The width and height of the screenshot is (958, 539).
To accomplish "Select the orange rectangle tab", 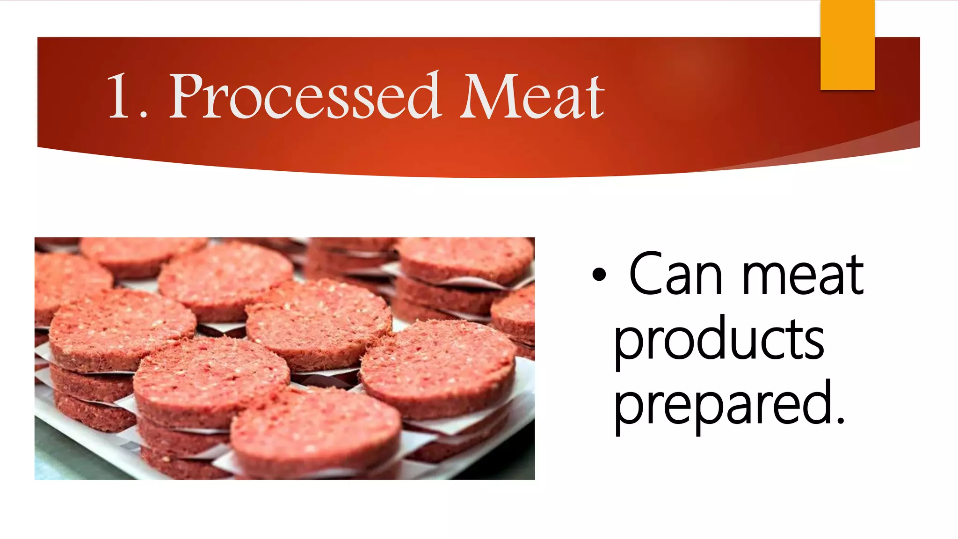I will (847, 45).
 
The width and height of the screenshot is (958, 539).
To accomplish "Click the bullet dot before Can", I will (599, 275).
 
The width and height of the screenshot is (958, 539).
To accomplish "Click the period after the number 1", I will (144, 114).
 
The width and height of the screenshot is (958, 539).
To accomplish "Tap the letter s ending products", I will (813, 343).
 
